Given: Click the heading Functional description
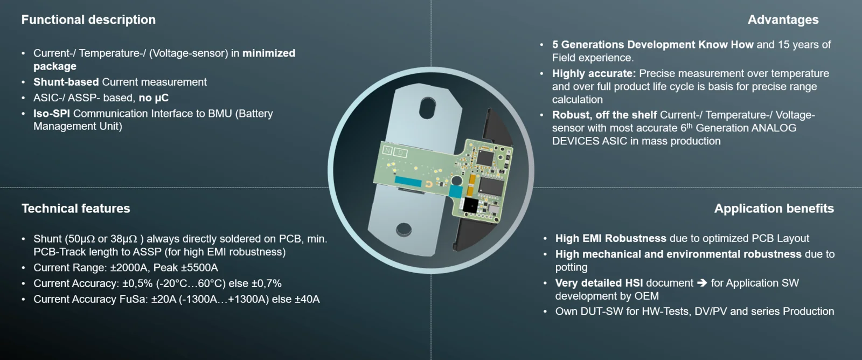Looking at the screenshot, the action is (x=88, y=19).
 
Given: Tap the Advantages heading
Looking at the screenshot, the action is (x=783, y=19).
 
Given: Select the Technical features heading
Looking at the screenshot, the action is (x=76, y=209).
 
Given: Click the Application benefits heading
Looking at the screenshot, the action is (x=774, y=209).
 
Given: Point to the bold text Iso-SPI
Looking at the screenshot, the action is (x=52, y=114).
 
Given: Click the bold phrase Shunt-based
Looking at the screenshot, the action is (x=66, y=82).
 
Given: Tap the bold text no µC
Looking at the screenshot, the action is (x=154, y=98).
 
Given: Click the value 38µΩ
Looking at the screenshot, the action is (x=124, y=239).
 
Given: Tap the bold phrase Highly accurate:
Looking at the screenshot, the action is (x=594, y=73).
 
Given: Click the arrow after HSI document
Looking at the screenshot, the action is (x=702, y=283).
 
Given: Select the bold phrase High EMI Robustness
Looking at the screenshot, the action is (x=611, y=238).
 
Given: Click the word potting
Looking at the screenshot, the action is (x=571, y=268).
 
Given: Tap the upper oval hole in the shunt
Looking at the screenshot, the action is (x=428, y=108).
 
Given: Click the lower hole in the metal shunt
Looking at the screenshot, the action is (x=404, y=229).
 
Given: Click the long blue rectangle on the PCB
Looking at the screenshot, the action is (x=408, y=182).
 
